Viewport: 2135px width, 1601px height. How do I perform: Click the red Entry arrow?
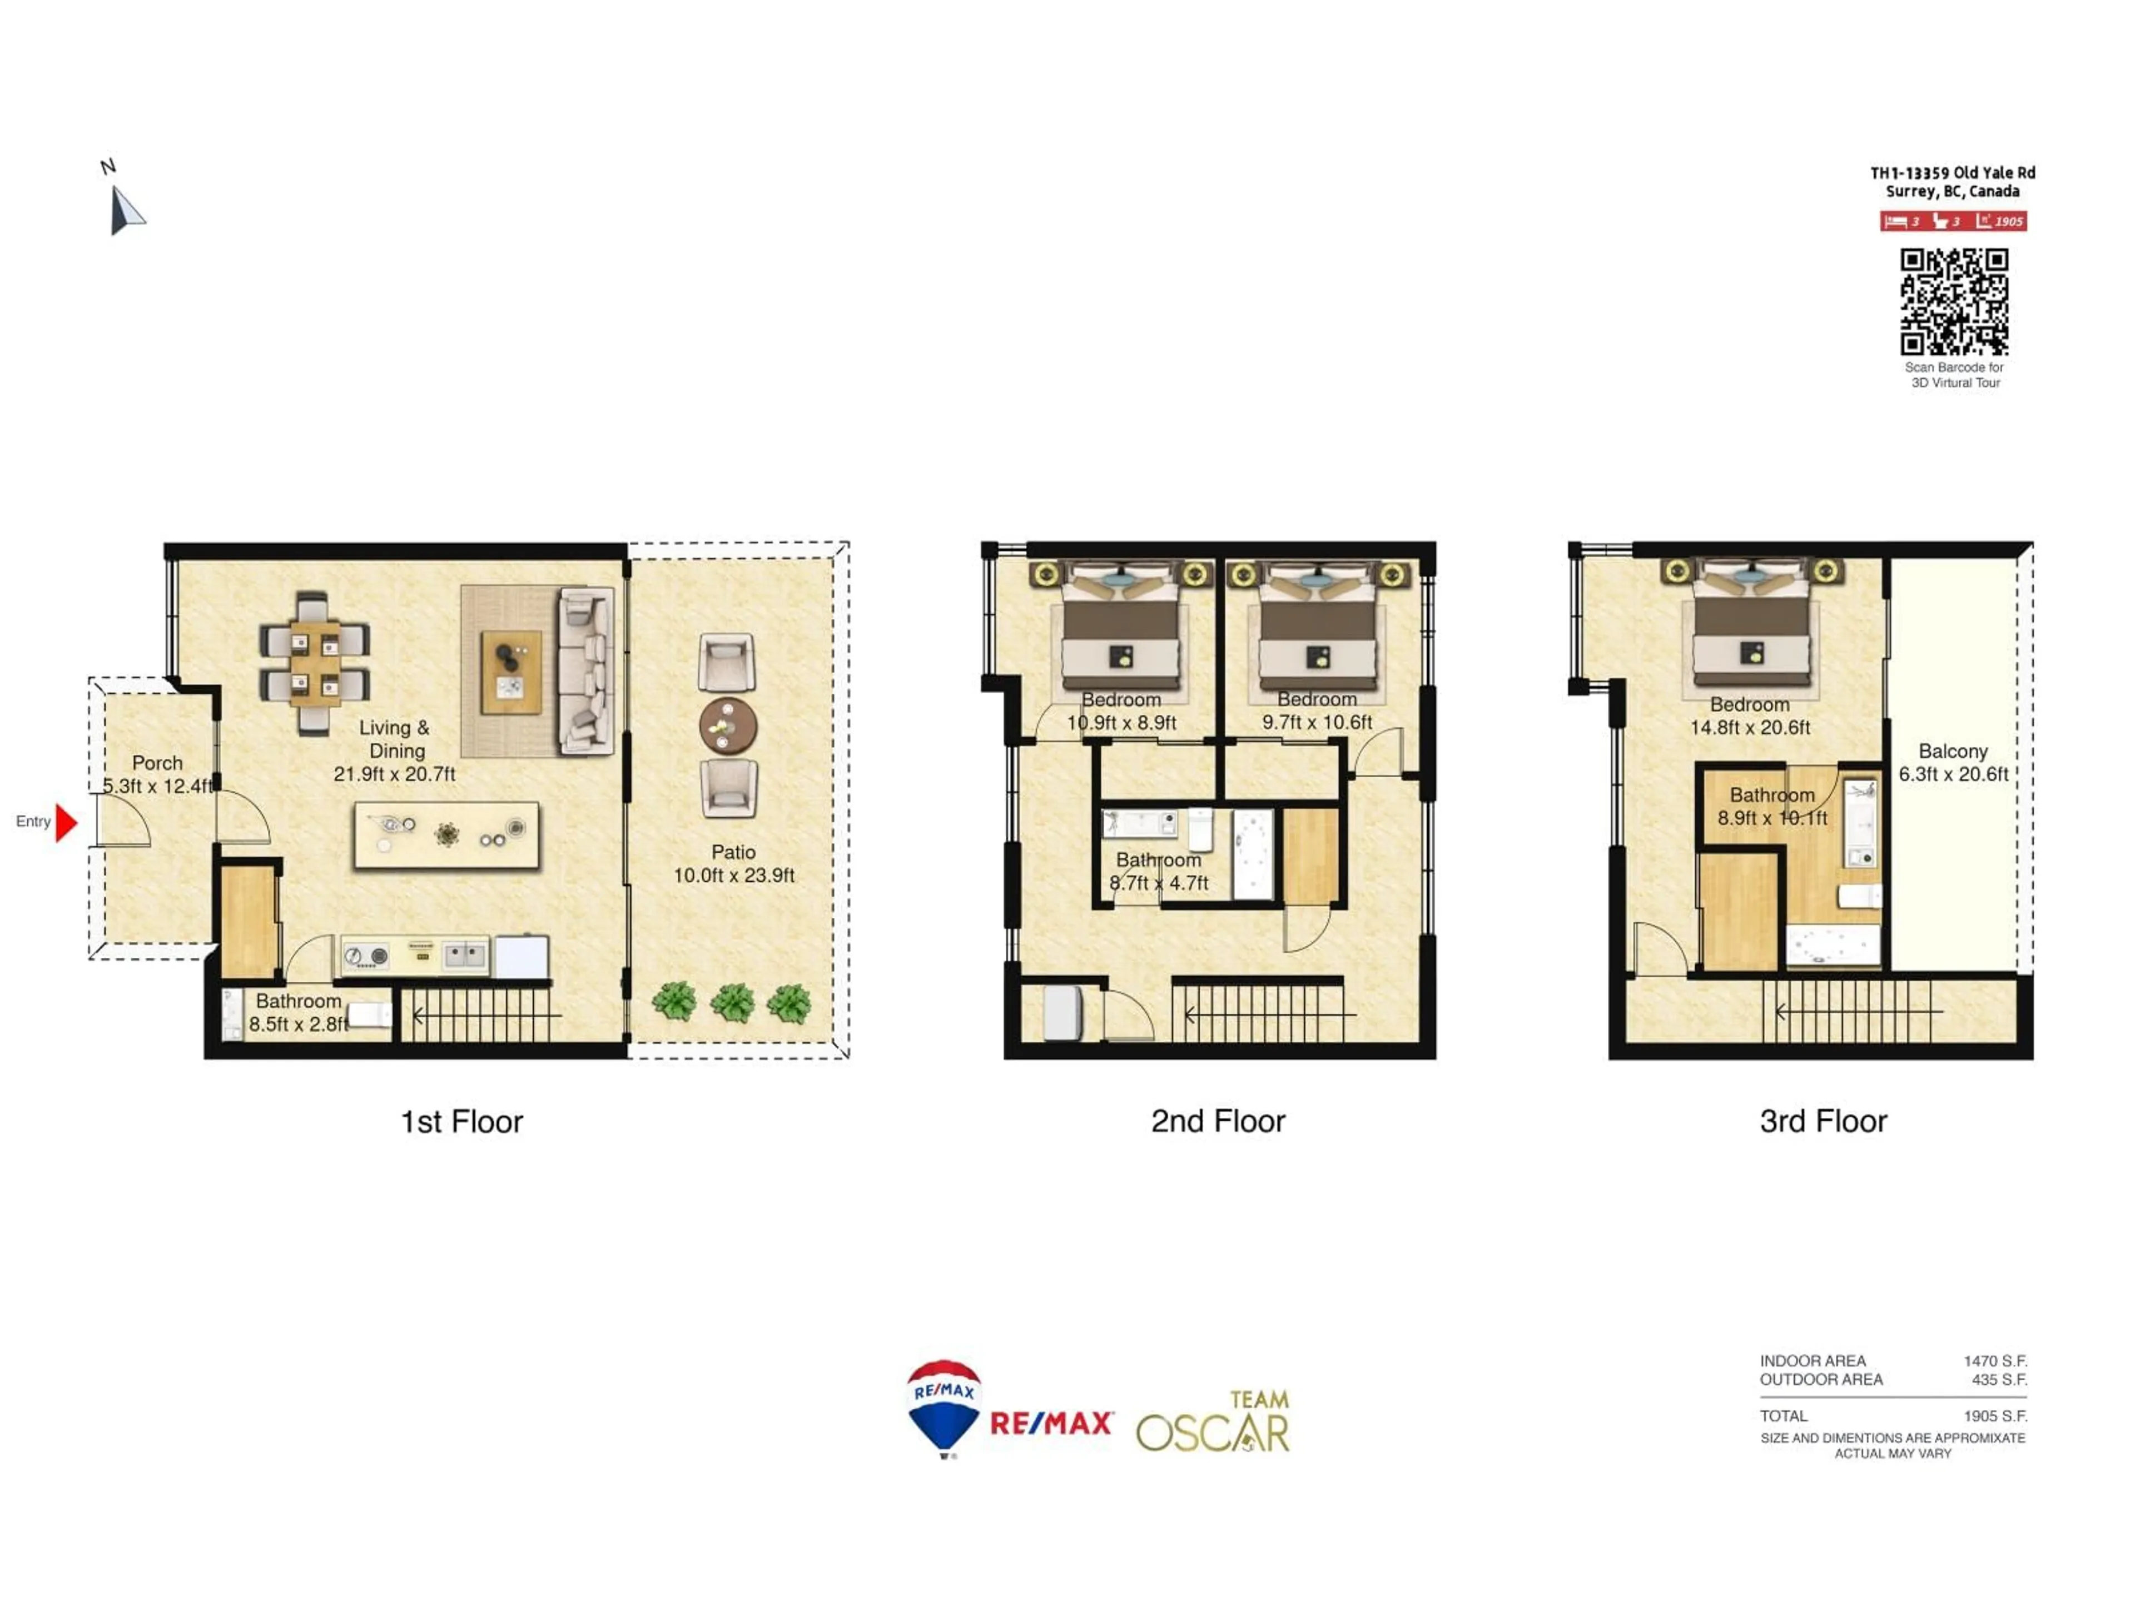[66, 822]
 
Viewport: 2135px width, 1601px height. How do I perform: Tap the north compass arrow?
[126, 210]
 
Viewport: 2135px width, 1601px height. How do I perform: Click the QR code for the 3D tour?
[1954, 301]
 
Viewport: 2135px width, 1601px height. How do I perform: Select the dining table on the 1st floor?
[315, 663]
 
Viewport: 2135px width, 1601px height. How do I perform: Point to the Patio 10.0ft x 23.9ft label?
[733, 864]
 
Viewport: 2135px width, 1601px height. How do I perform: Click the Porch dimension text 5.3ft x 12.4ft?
[157, 785]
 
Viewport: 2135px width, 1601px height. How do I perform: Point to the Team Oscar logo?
[1213, 1423]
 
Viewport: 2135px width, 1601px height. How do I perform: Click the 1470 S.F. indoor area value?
[1994, 1361]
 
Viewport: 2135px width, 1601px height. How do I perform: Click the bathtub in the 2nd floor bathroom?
[1253, 853]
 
